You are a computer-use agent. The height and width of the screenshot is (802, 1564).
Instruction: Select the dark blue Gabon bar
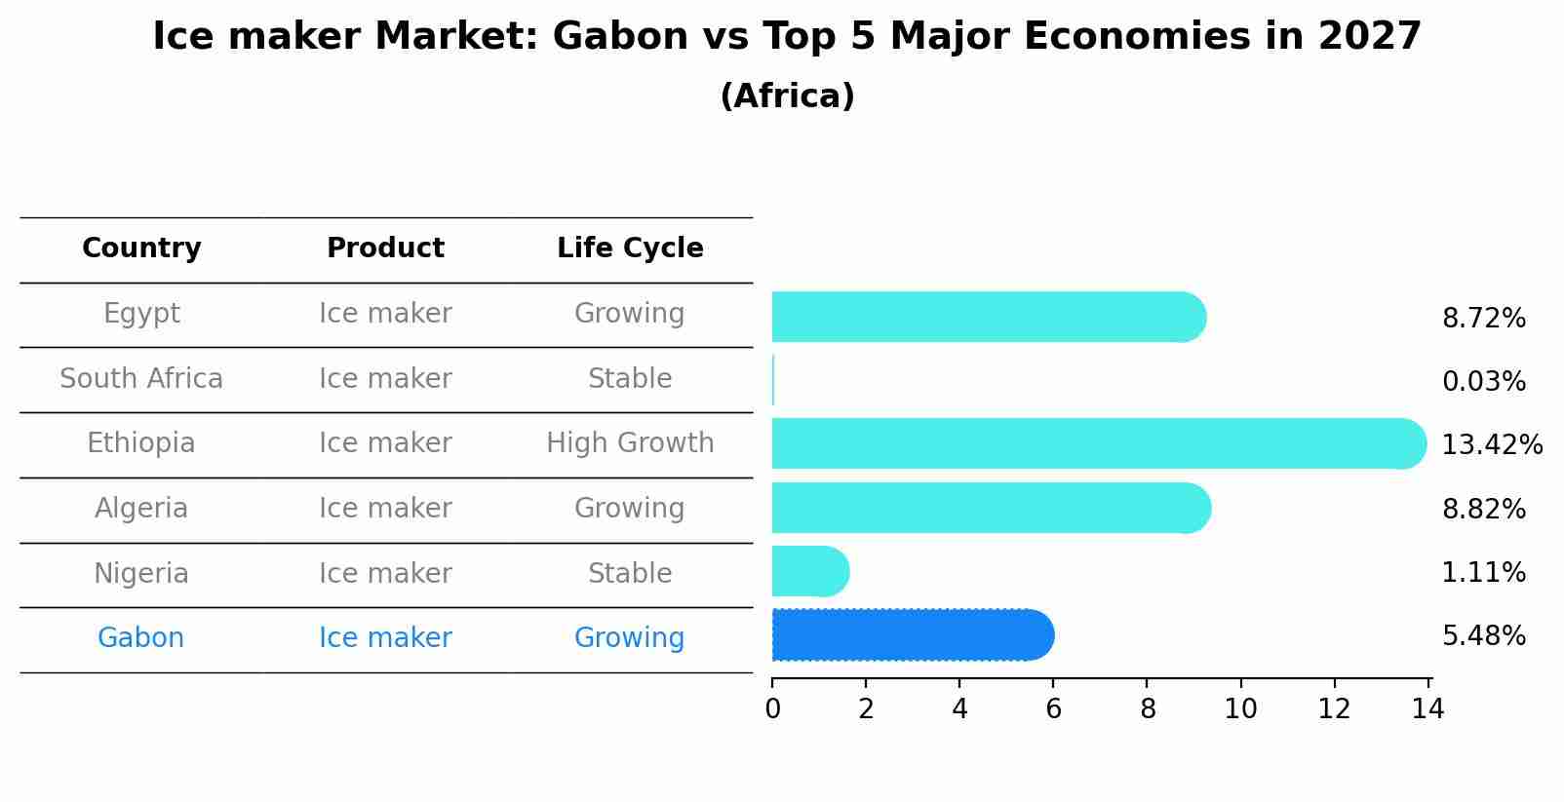pyautogui.click(x=912, y=635)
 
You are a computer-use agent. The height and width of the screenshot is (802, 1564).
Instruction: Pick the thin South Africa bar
pyautogui.click(x=773, y=380)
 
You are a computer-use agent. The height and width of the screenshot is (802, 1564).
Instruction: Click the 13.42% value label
pyautogui.click(x=1491, y=445)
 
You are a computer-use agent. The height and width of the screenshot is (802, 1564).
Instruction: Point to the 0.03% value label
pyautogui.click(x=1483, y=382)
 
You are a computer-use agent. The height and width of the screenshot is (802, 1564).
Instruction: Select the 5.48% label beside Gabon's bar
pyautogui.click(x=1483, y=636)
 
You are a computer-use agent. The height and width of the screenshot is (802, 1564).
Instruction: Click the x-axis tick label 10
pyautogui.click(x=1240, y=710)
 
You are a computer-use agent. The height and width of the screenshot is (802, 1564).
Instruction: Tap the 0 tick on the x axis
pyautogui.click(x=772, y=710)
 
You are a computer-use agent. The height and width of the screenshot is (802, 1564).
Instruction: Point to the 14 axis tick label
pyautogui.click(x=1427, y=710)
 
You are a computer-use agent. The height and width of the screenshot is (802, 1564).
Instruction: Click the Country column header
pyautogui.click(x=141, y=248)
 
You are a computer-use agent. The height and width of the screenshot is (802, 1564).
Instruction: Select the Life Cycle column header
pyautogui.click(x=630, y=248)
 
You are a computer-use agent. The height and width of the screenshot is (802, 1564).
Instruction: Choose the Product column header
pyautogui.click(x=385, y=248)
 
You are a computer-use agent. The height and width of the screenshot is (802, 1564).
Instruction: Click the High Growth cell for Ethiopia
pyautogui.click(x=630, y=443)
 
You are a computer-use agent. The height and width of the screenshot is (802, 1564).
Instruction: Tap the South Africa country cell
pyautogui.click(x=141, y=379)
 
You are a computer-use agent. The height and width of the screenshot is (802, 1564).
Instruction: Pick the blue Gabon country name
pyautogui.click(x=140, y=638)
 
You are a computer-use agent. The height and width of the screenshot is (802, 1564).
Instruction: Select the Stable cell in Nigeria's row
pyautogui.click(x=630, y=574)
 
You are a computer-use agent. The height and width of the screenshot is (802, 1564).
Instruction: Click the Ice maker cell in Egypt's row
pyautogui.click(x=385, y=314)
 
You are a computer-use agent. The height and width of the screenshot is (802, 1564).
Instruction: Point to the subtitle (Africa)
pyautogui.click(x=787, y=96)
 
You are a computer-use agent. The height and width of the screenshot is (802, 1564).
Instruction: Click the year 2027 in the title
pyautogui.click(x=1370, y=37)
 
